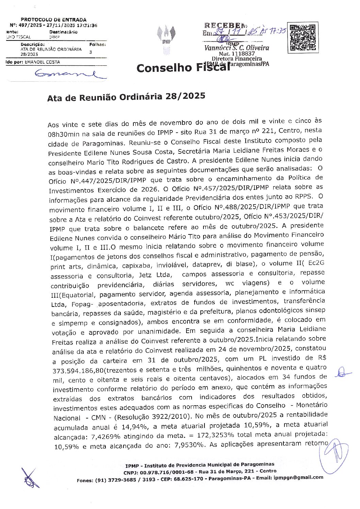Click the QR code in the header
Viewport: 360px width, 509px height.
[302, 37]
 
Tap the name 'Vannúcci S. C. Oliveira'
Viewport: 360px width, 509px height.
[237, 48]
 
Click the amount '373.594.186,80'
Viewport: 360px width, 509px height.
[78, 370]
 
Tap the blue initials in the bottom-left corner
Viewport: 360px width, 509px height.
[30, 478]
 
